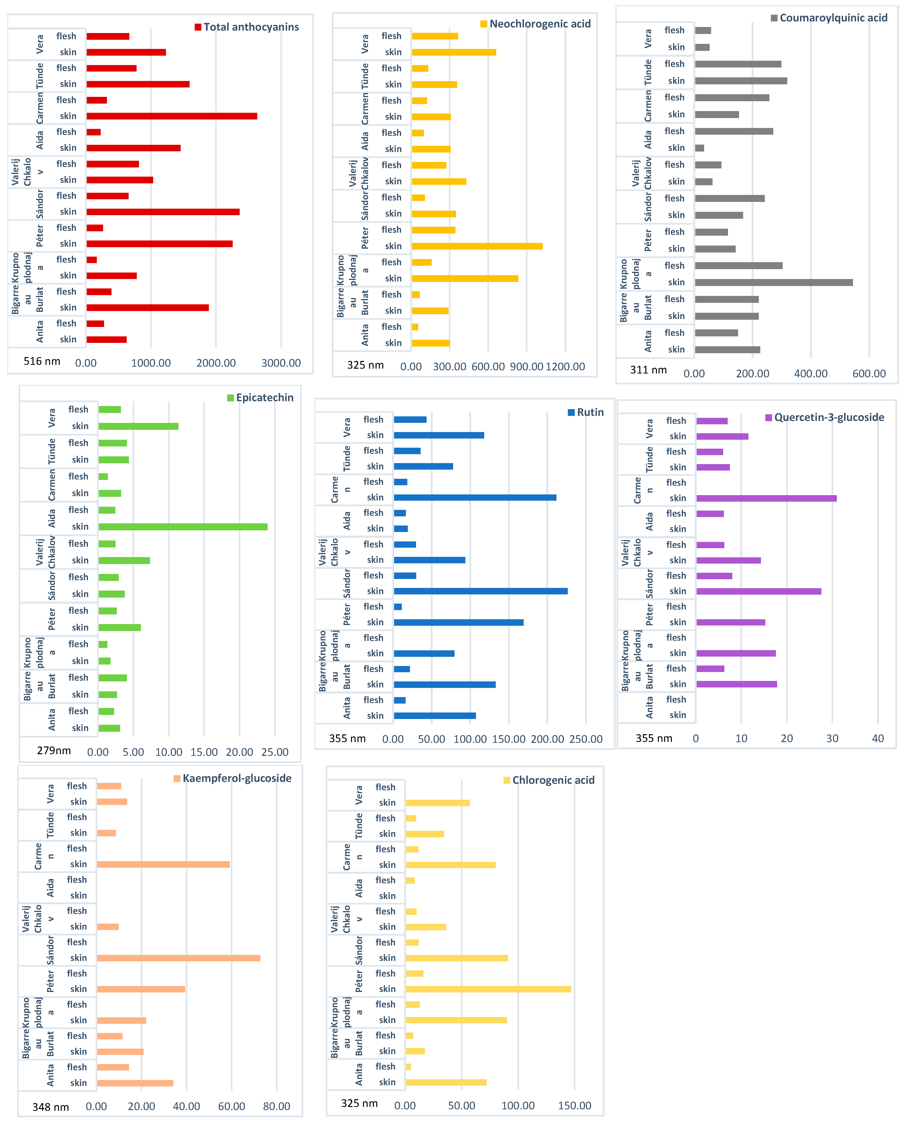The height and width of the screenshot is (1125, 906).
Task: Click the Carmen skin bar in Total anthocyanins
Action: pos(172,116)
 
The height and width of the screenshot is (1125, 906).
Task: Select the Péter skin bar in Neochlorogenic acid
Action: pos(477,246)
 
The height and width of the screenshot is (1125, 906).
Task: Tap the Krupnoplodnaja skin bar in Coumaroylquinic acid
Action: pos(774,282)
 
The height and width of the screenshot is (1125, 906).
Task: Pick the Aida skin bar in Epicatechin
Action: pos(183,527)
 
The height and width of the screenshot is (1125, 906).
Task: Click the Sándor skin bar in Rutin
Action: pos(481,591)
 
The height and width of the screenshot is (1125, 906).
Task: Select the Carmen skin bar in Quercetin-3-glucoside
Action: pos(767,498)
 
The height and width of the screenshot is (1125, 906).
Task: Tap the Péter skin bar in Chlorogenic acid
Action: pos(489,989)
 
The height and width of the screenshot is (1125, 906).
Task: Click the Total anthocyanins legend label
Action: pos(251,27)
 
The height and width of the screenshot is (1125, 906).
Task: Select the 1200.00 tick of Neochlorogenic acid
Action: pos(565,366)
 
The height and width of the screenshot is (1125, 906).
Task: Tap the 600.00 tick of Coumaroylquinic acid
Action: pos(869,373)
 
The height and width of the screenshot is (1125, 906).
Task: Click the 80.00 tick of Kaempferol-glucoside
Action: pos(277,1106)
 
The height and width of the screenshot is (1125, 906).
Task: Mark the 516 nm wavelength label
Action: pos(42,361)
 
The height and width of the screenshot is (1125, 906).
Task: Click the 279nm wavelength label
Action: pos(54,751)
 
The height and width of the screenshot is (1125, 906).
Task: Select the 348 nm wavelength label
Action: pos(51,1107)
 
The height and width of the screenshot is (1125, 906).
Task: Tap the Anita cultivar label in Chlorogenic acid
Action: pos(359,1074)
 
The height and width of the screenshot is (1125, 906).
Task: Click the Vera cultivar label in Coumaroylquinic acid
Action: pos(648,39)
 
